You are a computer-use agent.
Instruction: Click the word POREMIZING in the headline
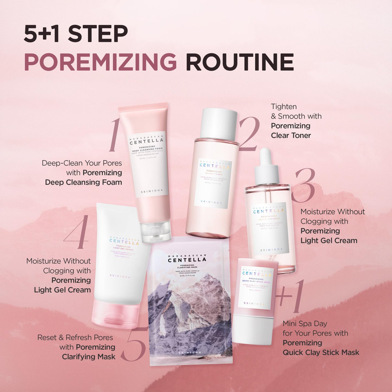[x=100, y=62]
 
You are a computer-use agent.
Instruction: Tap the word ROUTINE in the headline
[x=240, y=62]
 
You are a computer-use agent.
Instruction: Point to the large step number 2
[x=249, y=134]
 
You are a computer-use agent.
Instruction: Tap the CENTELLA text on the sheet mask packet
[x=187, y=260]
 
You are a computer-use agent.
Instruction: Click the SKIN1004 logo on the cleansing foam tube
[x=152, y=191]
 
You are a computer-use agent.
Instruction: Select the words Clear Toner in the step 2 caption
[x=291, y=135]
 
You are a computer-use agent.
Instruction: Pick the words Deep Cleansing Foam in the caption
[x=84, y=182]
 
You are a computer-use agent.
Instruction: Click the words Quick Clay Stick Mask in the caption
[x=321, y=352]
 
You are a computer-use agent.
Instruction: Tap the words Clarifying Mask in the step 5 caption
[x=89, y=357]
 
